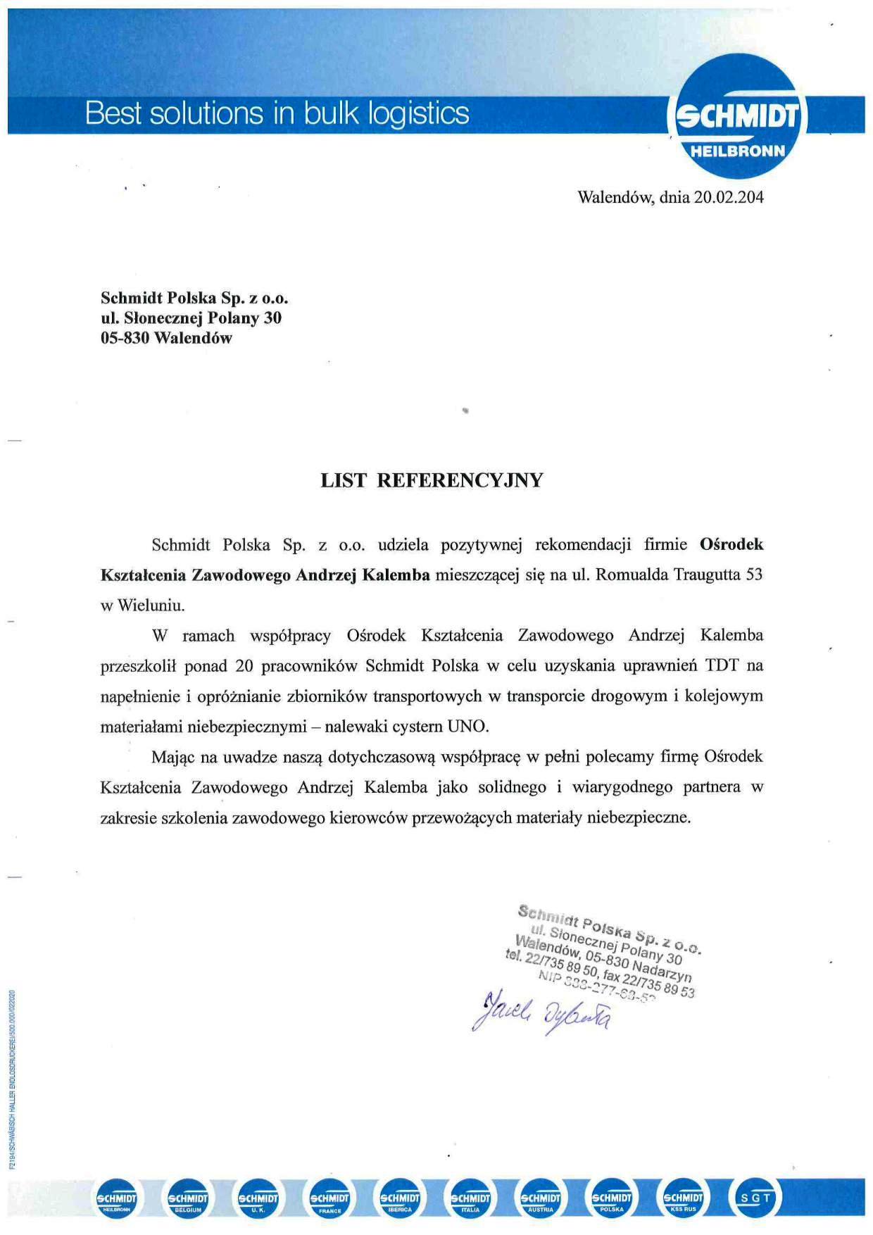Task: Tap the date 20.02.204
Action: coord(729,197)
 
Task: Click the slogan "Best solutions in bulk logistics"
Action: coord(277,113)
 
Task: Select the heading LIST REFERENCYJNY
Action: coord(432,480)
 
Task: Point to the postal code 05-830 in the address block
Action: coord(125,338)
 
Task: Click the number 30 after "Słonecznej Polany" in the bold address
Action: coord(272,318)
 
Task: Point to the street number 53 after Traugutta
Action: coord(754,575)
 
